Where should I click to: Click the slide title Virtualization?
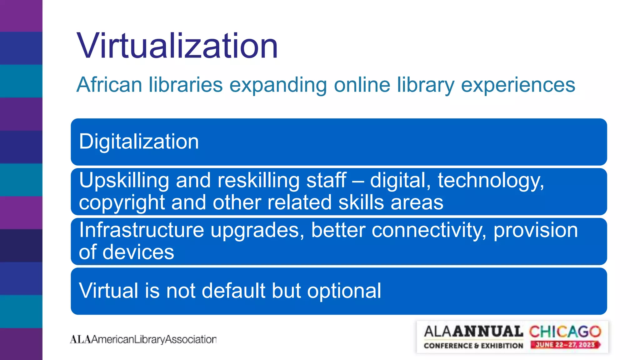(177, 46)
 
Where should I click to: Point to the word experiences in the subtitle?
(518, 85)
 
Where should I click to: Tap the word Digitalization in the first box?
(139, 142)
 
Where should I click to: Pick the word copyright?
(122, 203)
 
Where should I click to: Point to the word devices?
(138, 252)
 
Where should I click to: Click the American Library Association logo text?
(143, 339)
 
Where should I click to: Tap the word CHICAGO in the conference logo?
(565, 332)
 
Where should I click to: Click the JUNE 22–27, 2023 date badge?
(565, 345)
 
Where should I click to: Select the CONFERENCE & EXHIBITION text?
(473, 346)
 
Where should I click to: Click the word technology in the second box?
(491, 181)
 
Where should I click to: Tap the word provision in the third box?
(536, 230)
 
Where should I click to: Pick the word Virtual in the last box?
(108, 291)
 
